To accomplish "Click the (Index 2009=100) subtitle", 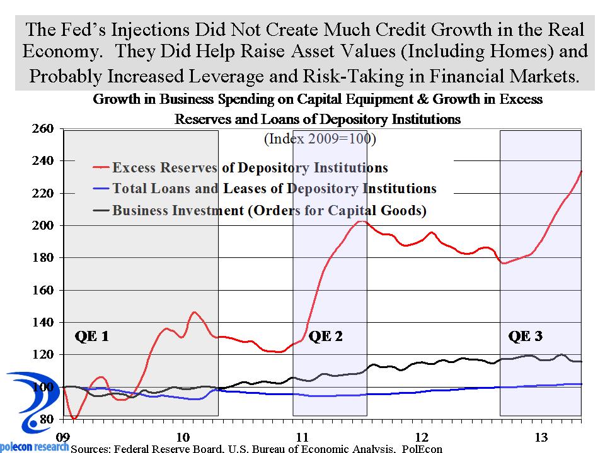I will click(320, 138).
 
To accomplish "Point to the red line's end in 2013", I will click(581, 171).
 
